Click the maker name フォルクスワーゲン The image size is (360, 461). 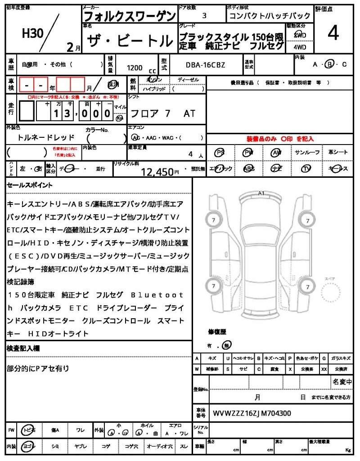click(x=130, y=16)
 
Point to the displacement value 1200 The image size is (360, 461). click(x=135, y=68)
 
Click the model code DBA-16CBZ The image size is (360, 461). click(x=205, y=65)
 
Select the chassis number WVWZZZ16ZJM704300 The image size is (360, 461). click(x=252, y=413)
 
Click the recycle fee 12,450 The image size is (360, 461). click(x=157, y=171)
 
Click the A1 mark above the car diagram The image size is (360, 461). click(x=261, y=193)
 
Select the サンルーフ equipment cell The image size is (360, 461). click(x=307, y=153)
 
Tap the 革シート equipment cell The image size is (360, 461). click(x=338, y=153)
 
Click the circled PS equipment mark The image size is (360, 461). click(x=220, y=153)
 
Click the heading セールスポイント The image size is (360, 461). click(x=30, y=185)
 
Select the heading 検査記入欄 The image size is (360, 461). click(x=23, y=348)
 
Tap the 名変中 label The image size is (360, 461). click(x=342, y=382)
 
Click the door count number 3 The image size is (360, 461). click(x=205, y=15)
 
